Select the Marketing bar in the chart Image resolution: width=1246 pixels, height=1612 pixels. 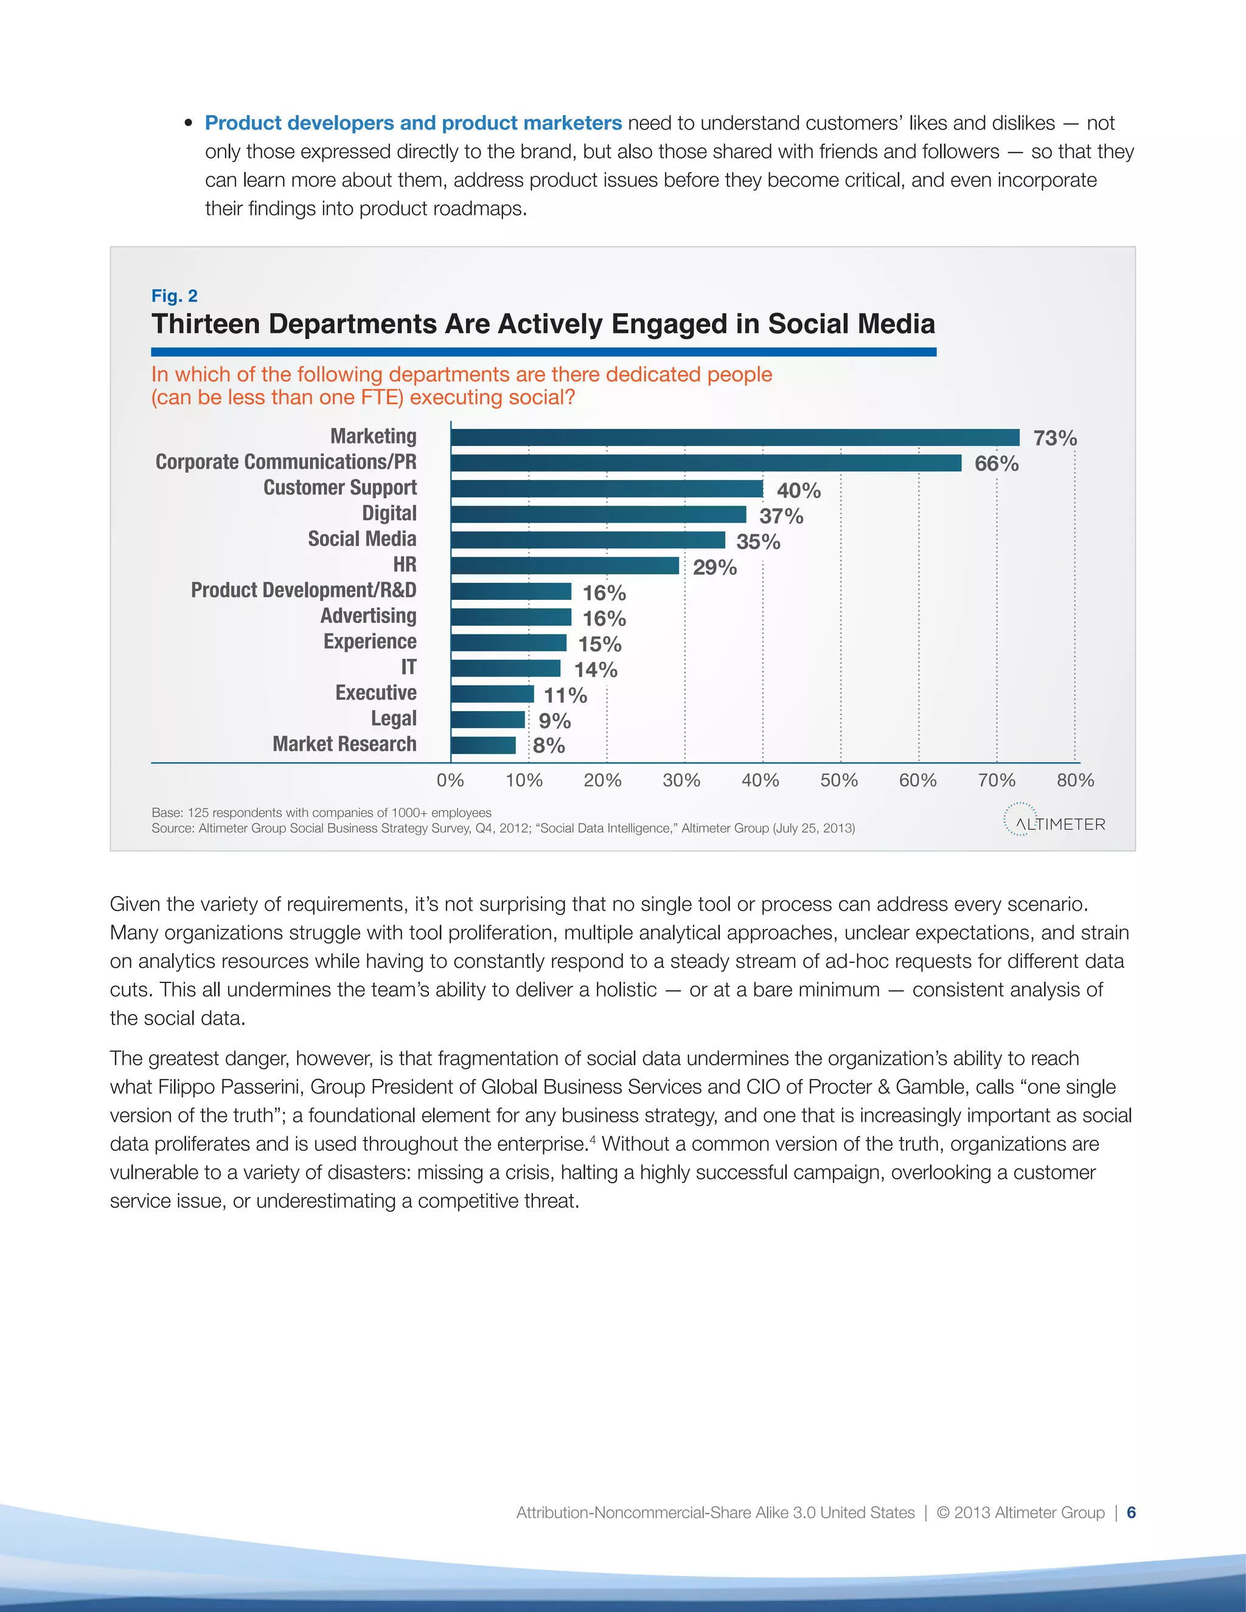(x=734, y=438)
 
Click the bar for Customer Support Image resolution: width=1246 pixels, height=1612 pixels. (x=607, y=489)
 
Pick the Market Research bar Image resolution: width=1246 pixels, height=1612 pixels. (x=484, y=746)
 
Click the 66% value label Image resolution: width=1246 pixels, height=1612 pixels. (x=997, y=464)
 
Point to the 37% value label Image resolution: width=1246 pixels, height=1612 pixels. (x=781, y=516)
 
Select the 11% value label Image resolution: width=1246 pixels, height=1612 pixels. (x=565, y=695)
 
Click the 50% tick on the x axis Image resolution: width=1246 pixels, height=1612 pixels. (x=839, y=780)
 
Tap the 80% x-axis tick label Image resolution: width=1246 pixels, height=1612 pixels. (x=1076, y=780)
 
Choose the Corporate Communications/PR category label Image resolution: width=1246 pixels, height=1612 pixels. (x=286, y=462)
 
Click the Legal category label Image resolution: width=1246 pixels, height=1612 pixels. (x=394, y=718)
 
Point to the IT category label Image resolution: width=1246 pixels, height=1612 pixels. (x=408, y=667)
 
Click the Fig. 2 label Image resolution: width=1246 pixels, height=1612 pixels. (x=174, y=296)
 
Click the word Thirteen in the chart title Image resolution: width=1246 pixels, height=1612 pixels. (x=204, y=325)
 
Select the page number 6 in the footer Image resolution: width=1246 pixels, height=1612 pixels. (x=1131, y=1512)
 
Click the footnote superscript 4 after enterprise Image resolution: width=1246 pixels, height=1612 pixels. (x=593, y=1139)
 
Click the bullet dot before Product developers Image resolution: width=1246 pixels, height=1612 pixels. (x=188, y=123)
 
